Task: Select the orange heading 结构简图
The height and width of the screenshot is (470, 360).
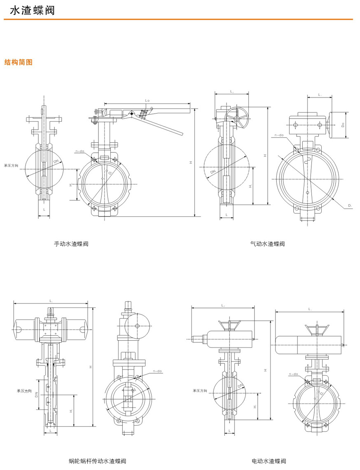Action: pos(18,63)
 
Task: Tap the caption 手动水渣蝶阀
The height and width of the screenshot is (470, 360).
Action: pos(71,244)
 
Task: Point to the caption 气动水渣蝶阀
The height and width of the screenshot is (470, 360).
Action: pos(267,244)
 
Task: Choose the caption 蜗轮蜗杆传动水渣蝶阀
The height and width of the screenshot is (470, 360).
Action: pos(97,461)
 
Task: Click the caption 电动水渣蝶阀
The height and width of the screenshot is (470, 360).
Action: pos(269,461)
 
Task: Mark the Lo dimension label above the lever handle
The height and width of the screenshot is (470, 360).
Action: pos(147,100)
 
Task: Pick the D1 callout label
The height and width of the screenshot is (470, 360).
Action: pos(350,205)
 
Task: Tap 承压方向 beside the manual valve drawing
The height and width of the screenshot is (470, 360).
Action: pos(12,165)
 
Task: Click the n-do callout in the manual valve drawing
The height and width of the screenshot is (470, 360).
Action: pos(80,151)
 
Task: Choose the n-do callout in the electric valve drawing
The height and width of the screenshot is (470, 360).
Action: pos(293,374)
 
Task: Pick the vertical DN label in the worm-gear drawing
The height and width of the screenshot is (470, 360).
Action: pos(37,394)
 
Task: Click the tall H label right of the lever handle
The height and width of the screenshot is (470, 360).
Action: pos(191,163)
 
